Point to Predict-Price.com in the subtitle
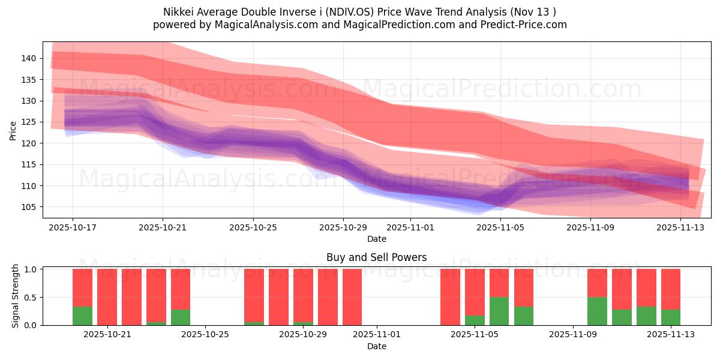pyautogui.click(x=525, y=25)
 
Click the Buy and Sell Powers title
pyautogui.click(x=376, y=257)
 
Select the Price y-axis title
pyautogui.click(x=13, y=130)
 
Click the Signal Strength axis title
pyautogui.click(x=16, y=296)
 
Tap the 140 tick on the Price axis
pyautogui.click(x=29, y=58)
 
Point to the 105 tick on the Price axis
pyautogui.click(x=29, y=207)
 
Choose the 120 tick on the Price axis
pyautogui.click(x=29, y=143)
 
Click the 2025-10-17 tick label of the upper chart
pyautogui.click(x=73, y=227)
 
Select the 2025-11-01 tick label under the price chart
pyautogui.click(x=410, y=227)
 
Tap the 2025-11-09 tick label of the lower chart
pyautogui.click(x=573, y=334)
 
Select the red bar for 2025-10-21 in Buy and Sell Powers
pyautogui.click(x=107, y=297)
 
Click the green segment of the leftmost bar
pyautogui.click(x=82, y=316)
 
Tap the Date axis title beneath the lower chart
pyautogui.click(x=376, y=346)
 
